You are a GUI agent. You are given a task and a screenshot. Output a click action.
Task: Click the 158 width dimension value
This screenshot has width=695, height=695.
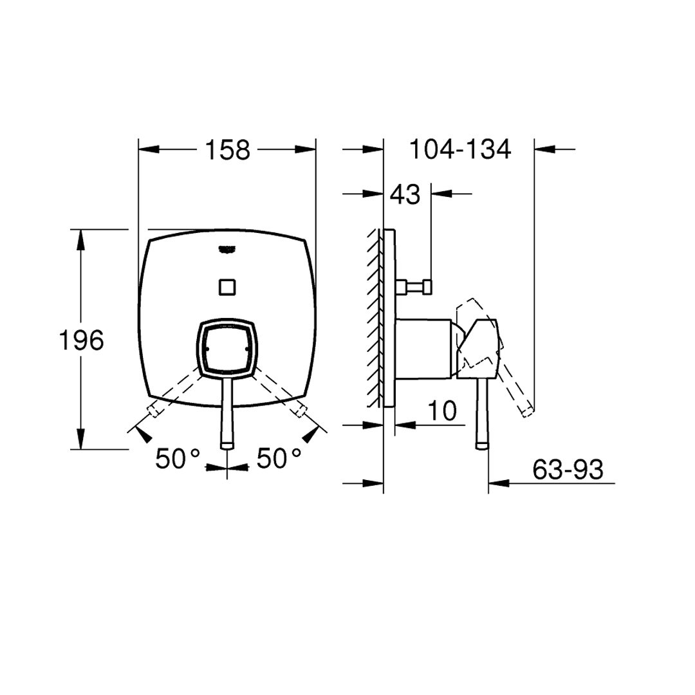click(228, 150)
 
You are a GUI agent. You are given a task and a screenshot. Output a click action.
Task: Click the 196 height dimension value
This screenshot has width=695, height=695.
click(81, 340)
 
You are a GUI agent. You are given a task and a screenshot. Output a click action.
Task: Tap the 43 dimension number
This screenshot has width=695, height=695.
click(405, 194)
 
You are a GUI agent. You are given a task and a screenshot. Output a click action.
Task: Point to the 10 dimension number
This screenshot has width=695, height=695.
click(442, 411)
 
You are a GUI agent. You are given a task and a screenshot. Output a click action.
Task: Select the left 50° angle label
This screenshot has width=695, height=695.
click(178, 458)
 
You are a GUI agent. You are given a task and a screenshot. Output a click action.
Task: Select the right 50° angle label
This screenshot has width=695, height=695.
click(279, 458)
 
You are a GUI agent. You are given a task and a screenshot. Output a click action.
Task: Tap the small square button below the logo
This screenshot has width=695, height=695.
click(227, 287)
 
